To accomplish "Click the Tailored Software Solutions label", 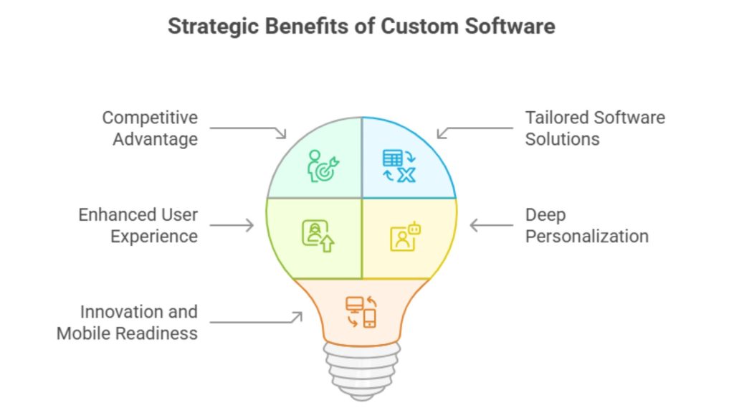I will click(x=595, y=128).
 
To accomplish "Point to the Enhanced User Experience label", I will click(x=138, y=225).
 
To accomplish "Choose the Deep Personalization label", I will click(x=586, y=225).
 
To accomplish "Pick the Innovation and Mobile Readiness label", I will click(x=127, y=323).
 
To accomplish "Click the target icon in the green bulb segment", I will click(x=320, y=166).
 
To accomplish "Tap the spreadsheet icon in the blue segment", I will click(x=399, y=166).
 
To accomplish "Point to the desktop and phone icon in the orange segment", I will click(x=361, y=311).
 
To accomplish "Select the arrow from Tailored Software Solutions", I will click(x=475, y=130).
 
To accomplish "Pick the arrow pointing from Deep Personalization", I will click(x=492, y=225).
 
